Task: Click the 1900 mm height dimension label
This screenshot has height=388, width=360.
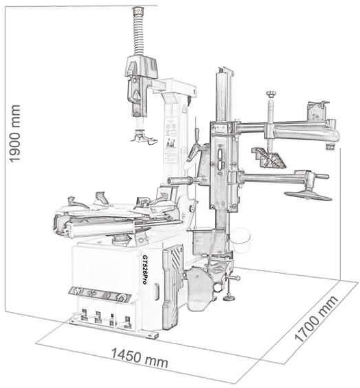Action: pyautogui.click(x=14, y=133)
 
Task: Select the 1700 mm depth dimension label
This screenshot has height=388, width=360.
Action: pyautogui.click(x=316, y=318)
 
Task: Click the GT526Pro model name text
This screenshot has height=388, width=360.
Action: pyautogui.click(x=146, y=270)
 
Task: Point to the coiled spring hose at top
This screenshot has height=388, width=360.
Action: pyautogui.click(x=138, y=32)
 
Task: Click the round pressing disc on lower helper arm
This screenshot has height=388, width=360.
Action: pyautogui.click(x=308, y=196)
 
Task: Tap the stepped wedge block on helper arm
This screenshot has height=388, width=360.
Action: pyautogui.click(x=268, y=157)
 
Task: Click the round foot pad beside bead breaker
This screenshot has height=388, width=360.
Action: pyautogui.click(x=229, y=298)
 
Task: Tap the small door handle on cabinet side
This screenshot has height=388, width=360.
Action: pyautogui.click(x=157, y=292)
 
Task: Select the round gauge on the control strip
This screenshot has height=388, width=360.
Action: pyautogui.click(x=121, y=298)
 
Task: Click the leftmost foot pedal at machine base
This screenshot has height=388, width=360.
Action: pyautogui.click(x=84, y=315)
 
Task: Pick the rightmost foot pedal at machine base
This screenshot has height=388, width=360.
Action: pyautogui.click(x=127, y=322)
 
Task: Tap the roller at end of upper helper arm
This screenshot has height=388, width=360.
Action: pyautogui.click(x=330, y=146)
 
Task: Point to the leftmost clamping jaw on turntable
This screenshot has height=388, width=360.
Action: pyautogui.click(x=77, y=202)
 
